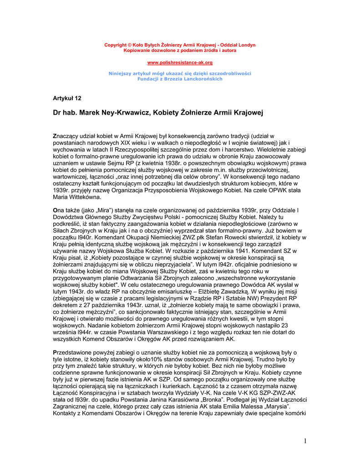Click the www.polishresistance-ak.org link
click(180, 62)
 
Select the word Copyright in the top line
click(114, 45)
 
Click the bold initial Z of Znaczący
click(55, 136)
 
